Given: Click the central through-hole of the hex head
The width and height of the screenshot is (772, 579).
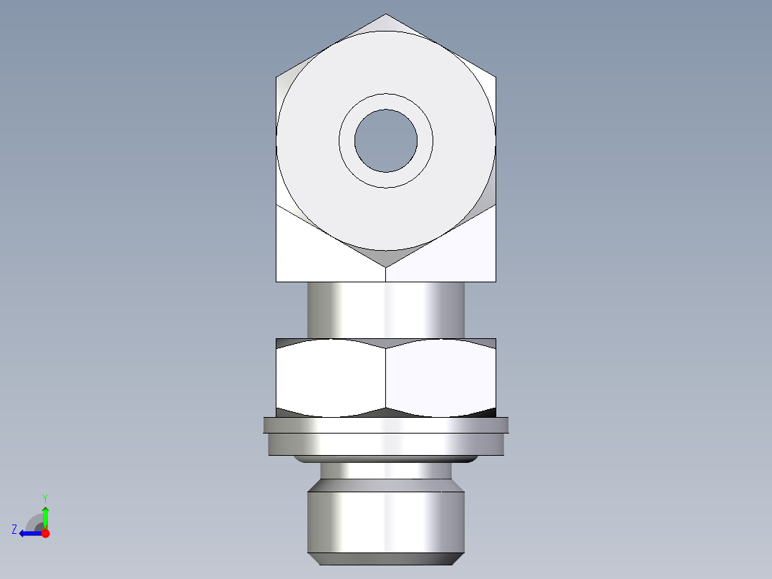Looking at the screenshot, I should point(386,140).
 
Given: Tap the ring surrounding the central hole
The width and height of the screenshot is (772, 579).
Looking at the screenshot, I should point(386,101).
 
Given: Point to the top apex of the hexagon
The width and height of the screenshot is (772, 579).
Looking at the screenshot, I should point(386,16).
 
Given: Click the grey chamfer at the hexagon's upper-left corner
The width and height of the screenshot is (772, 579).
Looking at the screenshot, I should point(286,86).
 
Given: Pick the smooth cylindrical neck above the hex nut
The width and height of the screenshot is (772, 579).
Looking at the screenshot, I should point(386,310).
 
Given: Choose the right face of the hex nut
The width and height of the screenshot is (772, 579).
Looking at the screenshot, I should point(440,378).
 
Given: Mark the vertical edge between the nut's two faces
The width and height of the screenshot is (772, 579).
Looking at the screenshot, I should point(386,378).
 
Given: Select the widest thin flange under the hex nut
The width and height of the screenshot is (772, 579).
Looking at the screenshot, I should point(386,425).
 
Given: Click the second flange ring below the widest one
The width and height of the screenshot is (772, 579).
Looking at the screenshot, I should point(386,444).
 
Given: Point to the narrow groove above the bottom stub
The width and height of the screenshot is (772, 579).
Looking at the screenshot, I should point(386,471).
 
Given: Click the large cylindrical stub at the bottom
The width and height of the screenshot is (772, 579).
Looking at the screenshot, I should point(386,520).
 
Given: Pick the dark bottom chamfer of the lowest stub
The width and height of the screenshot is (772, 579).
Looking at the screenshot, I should point(386,559).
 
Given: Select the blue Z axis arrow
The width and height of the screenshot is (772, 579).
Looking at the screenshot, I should point(27,533).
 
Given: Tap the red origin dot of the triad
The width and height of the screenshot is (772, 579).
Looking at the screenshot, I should point(45,533).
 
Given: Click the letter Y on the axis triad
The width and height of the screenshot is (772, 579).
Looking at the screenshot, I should point(44,497).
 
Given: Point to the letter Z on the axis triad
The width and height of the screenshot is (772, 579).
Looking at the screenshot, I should point(14,530).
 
